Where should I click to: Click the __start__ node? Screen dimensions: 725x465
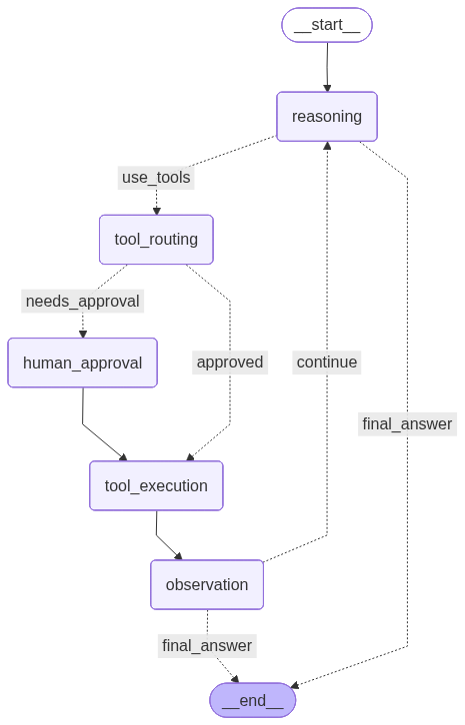tap(327, 25)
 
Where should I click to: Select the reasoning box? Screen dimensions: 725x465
tap(327, 117)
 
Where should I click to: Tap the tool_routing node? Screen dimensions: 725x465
tap(156, 240)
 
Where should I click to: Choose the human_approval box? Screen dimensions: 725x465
tap(83, 362)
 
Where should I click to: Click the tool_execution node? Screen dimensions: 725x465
tap(156, 486)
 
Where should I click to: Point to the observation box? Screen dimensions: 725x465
tap(207, 584)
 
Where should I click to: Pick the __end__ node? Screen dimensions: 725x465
tap(253, 700)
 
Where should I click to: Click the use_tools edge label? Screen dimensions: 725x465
tap(156, 178)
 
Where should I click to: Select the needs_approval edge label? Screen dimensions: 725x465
tap(83, 301)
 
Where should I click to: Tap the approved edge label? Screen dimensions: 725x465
tap(230, 362)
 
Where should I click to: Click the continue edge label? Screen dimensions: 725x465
tap(327, 362)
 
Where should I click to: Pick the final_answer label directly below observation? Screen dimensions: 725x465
tap(207, 645)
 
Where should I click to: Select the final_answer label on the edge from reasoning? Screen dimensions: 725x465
tap(407, 423)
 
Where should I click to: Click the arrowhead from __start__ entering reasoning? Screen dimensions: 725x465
tap(327, 88)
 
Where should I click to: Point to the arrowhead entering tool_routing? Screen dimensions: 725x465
tap(156, 211)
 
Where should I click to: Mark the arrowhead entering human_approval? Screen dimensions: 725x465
tap(83, 334)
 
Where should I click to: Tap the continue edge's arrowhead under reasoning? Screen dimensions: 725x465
tap(327, 146)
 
